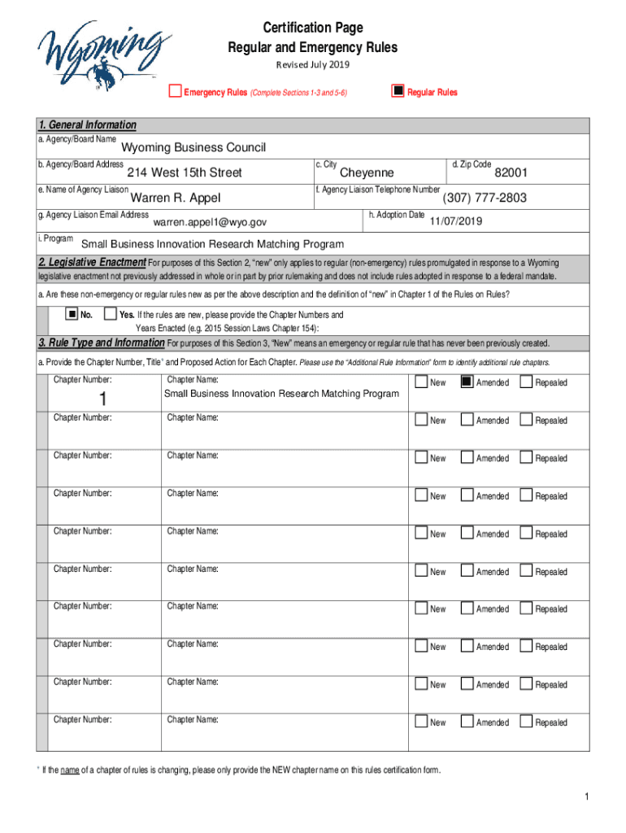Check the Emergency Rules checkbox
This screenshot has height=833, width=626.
174,91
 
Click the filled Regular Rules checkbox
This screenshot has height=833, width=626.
398,91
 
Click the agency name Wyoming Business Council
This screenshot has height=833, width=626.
193,148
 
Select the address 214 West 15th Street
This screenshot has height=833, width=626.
185,172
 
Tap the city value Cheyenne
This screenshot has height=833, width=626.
367,172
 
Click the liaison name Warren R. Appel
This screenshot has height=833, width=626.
176,198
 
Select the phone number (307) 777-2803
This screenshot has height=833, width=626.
485,198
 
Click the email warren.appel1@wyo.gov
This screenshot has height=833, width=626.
210,222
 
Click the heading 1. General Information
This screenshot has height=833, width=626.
87,125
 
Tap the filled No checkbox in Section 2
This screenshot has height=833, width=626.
72,315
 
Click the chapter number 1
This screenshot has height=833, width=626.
102,399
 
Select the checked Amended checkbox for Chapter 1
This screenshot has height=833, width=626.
467,382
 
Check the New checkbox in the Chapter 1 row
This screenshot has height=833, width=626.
420,382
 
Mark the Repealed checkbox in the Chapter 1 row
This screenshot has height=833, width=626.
526,382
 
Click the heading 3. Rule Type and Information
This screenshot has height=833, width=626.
102,342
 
